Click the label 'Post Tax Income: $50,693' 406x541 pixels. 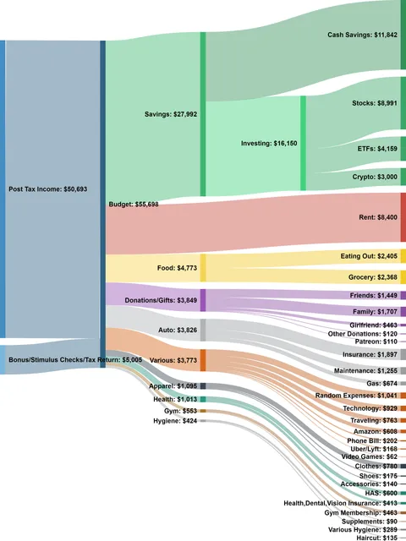(x=50, y=190)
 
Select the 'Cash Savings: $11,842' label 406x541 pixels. (x=362, y=35)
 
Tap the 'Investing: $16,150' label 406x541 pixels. (x=268, y=144)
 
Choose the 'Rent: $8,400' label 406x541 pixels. (x=377, y=217)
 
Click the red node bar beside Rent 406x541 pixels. (x=403, y=217)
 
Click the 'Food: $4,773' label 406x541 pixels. (x=177, y=268)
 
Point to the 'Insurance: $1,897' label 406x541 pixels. (x=370, y=354)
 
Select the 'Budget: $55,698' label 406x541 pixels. (x=134, y=205)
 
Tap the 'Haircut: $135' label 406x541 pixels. (x=378, y=536)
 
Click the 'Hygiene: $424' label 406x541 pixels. (x=176, y=420)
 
